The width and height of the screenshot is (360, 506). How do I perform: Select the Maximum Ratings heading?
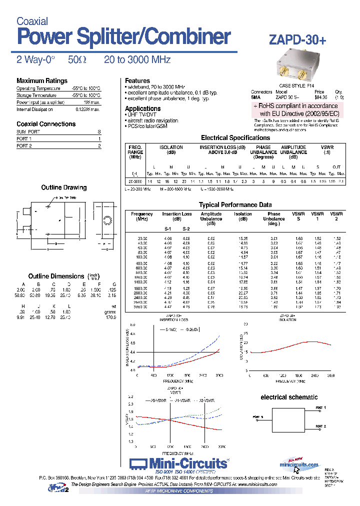[x=41, y=81]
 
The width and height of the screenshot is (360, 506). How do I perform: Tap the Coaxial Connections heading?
[x=46, y=124]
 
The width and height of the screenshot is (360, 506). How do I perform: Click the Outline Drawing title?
[x=63, y=187]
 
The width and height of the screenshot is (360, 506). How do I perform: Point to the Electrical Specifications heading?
[x=235, y=137]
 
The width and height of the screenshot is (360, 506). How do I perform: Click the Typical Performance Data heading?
[x=235, y=205]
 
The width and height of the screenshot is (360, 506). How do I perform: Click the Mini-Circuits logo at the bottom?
[x=178, y=463]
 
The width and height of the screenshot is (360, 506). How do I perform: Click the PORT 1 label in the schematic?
[x=321, y=408]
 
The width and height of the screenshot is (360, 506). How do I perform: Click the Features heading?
[x=137, y=80]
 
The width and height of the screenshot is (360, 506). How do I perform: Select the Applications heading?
[x=142, y=108]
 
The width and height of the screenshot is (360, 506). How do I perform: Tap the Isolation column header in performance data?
[x=243, y=214]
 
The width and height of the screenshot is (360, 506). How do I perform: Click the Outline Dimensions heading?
[x=56, y=276]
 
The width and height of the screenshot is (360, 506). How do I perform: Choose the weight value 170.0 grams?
[x=110, y=317]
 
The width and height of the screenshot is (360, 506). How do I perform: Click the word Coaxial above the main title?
[x=32, y=21]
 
